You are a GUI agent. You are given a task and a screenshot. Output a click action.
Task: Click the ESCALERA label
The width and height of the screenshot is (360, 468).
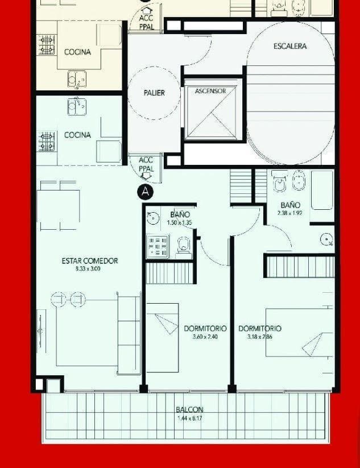[x=290, y=46]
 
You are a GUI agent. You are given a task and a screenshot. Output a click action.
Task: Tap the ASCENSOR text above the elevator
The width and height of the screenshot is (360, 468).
[x=210, y=91]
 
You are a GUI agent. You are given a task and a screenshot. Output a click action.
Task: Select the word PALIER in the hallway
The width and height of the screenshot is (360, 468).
[x=154, y=93]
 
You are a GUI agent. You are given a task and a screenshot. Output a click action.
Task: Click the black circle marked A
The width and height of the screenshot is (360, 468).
[x=146, y=192]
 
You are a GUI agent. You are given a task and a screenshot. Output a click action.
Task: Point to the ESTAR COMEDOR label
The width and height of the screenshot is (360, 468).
[x=90, y=260]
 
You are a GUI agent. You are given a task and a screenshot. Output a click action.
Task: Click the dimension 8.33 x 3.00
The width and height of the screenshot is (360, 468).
[x=88, y=269]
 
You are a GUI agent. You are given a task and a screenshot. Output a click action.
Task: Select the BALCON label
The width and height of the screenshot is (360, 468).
[x=189, y=409]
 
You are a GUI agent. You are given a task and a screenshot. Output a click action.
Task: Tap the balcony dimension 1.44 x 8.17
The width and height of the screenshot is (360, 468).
[x=189, y=419]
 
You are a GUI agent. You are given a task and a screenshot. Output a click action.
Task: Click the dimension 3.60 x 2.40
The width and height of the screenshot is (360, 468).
[x=205, y=337]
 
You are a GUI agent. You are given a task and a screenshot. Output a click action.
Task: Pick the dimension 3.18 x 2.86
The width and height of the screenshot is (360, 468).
[x=259, y=337]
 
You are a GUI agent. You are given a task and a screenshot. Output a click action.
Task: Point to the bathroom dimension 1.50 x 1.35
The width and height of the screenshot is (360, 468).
[x=180, y=222]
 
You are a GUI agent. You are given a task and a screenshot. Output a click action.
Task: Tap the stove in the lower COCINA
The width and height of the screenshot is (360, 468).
[x=46, y=140]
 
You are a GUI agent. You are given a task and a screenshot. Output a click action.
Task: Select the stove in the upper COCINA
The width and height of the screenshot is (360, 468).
[x=46, y=44]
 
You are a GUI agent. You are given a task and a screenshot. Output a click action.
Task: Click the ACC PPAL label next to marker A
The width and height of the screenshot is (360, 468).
[x=146, y=165]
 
